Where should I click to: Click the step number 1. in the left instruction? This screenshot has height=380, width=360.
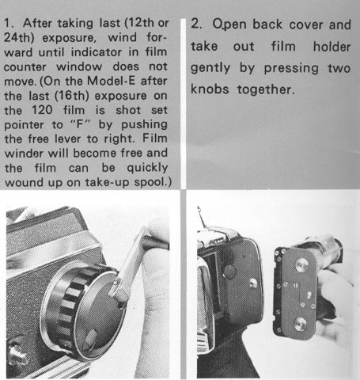[9, 23]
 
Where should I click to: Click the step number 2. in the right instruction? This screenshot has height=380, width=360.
[196, 24]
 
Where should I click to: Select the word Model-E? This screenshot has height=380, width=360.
[111, 81]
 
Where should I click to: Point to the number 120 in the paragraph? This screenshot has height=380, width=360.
[42, 110]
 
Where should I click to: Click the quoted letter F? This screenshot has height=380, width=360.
[81, 124]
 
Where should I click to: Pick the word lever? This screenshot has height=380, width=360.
[67, 139]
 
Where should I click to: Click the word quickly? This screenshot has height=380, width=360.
[147, 168]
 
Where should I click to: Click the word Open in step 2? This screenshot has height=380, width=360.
[229, 25]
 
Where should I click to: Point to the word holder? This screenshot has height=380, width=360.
[332, 47]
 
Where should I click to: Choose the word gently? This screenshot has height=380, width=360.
[210, 68]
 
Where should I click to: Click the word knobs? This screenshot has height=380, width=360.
[210, 89]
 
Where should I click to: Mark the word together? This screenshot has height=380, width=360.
[266, 89]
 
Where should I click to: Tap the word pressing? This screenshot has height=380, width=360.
[291, 68]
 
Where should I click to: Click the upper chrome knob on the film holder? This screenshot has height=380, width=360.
[301, 264]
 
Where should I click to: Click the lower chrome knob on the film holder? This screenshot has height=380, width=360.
[300, 324]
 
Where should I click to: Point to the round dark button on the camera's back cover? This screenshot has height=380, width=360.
[229, 272]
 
